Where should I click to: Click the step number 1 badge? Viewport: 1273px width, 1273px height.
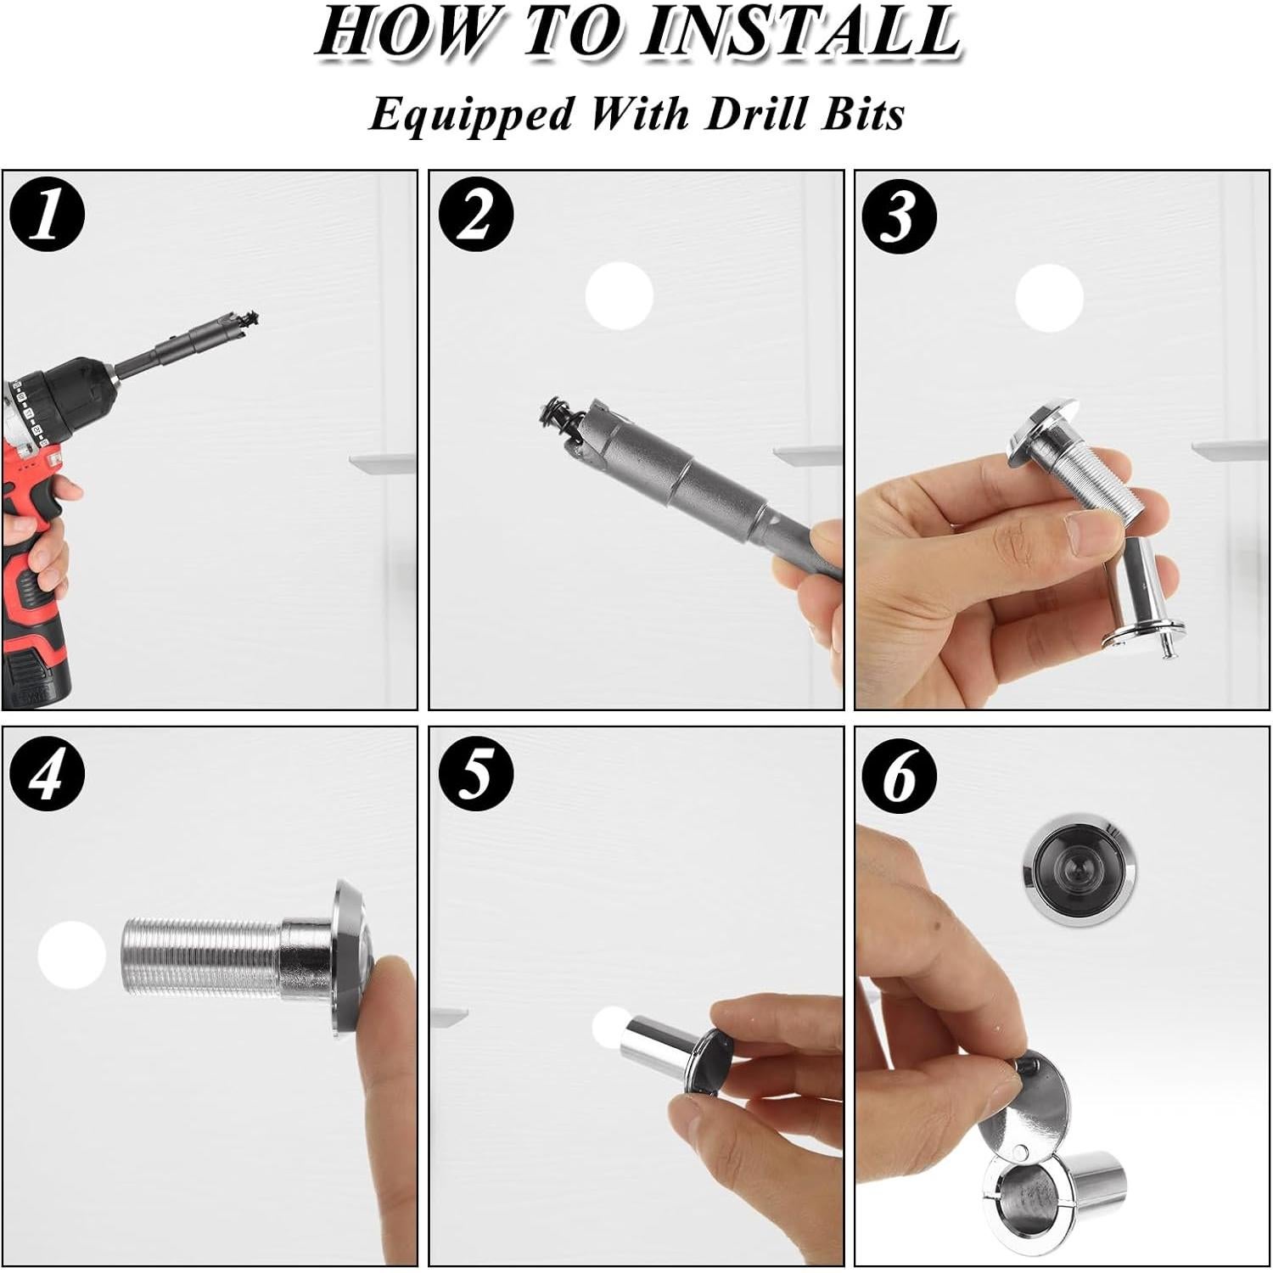click(48, 216)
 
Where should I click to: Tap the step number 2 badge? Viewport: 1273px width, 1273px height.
click(476, 216)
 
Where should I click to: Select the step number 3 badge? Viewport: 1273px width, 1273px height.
click(900, 216)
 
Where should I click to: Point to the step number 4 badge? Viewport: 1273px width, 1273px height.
click(48, 774)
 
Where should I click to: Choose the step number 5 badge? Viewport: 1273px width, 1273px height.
click(476, 774)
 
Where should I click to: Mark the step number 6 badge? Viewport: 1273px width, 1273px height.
click(900, 774)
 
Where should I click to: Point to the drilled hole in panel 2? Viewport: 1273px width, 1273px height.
click(620, 296)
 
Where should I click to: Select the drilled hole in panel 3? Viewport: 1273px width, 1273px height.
click(1050, 298)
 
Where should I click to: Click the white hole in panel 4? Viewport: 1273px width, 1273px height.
click(71, 956)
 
